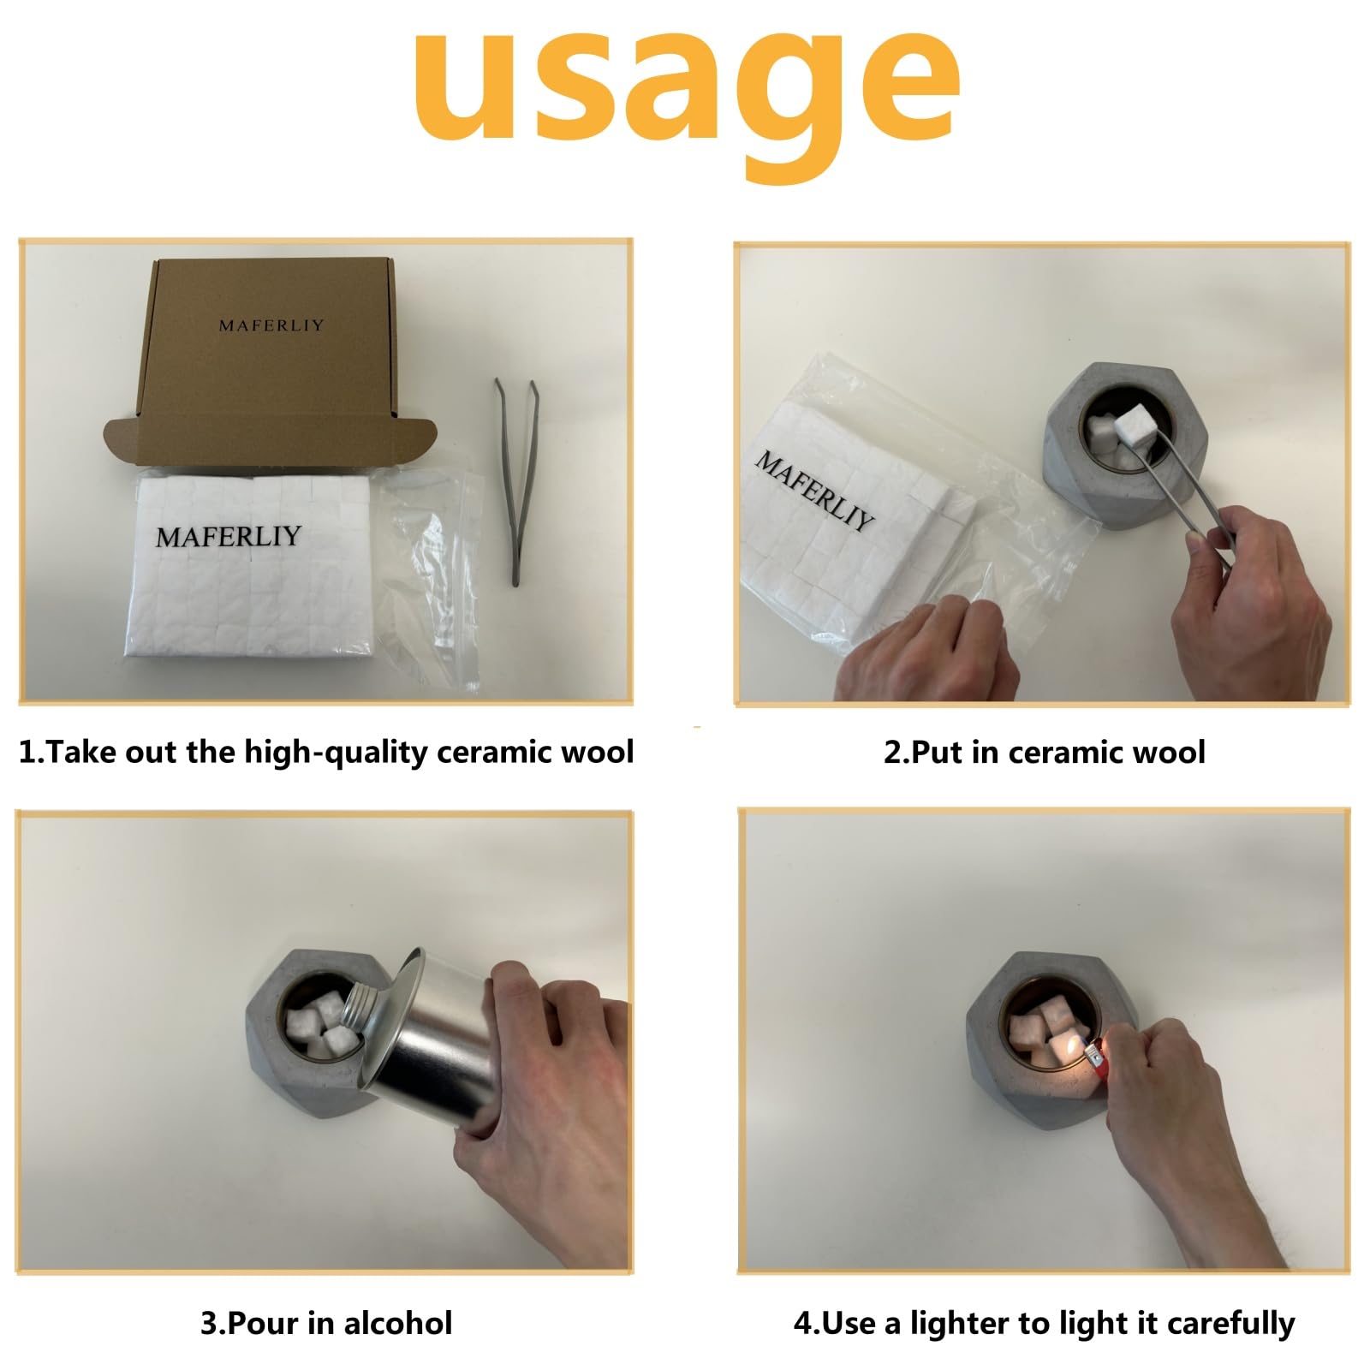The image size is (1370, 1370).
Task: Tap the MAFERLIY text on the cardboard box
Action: (x=271, y=325)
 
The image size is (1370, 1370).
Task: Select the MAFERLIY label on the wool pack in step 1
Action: (x=229, y=536)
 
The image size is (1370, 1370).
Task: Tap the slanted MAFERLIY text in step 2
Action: (x=814, y=490)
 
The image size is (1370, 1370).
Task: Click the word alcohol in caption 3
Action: (x=397, y=1323)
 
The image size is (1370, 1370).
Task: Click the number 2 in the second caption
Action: (x=893, y=753)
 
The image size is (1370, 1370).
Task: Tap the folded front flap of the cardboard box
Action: (x=270, y=440)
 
